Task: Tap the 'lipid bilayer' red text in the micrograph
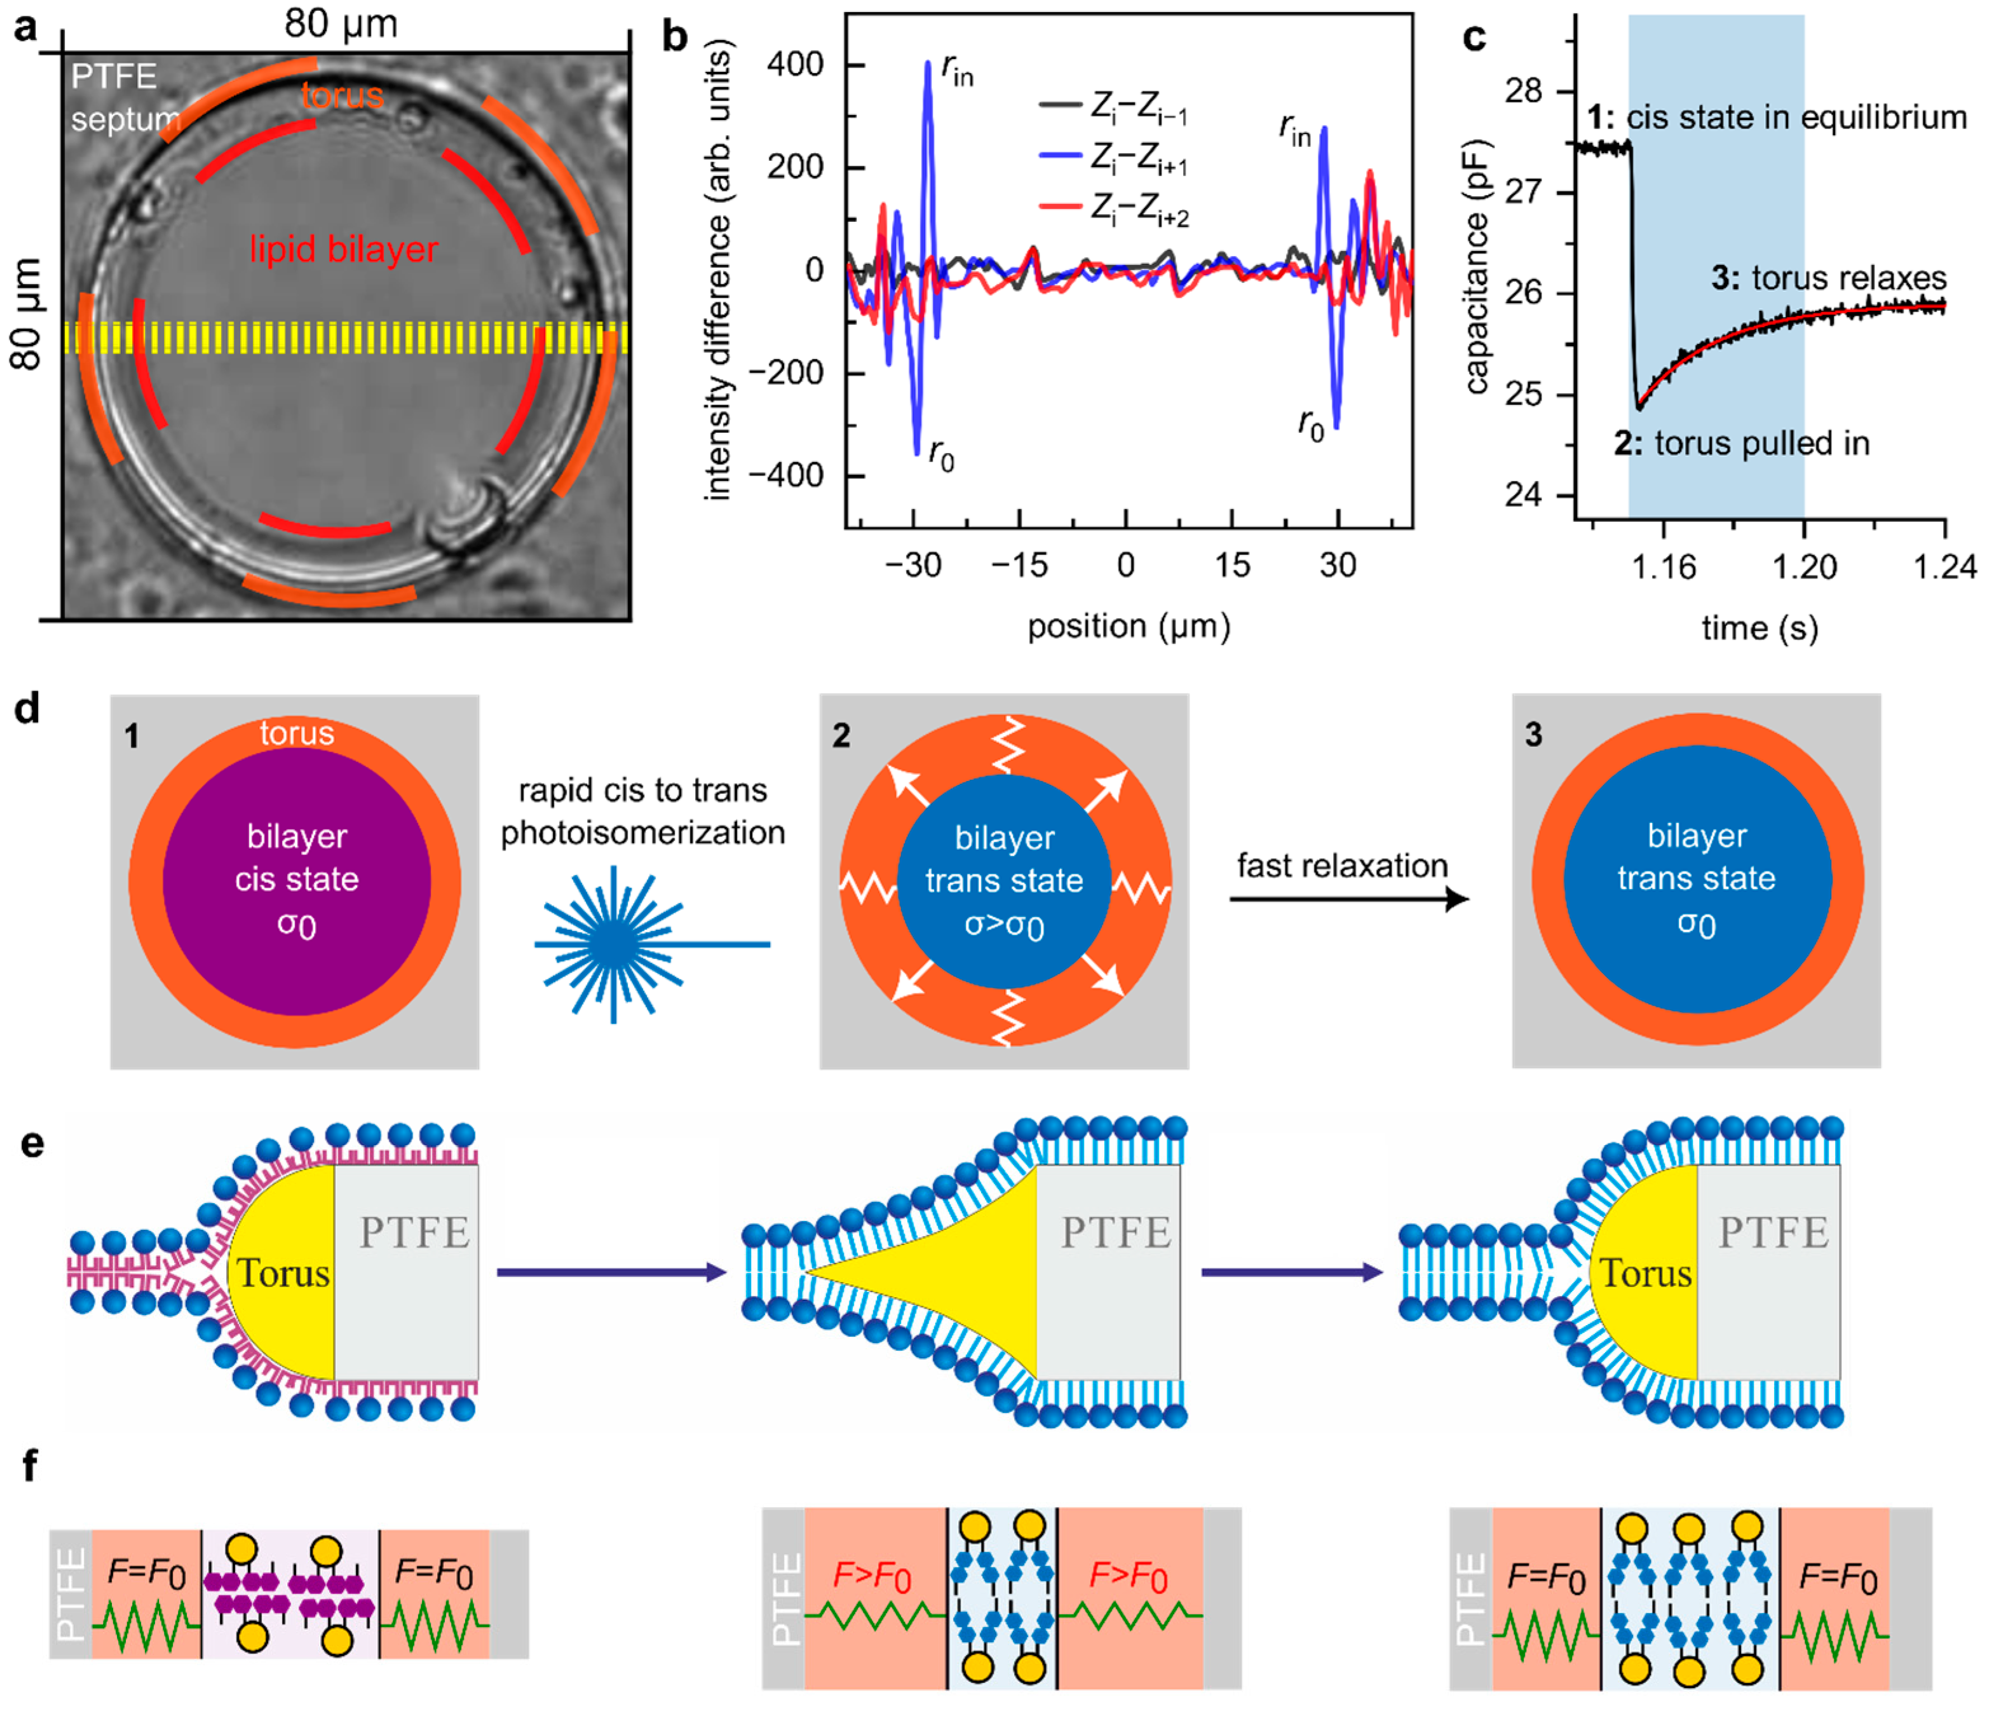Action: tap(343, 249)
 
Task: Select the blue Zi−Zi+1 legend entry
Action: tap(1115, 160)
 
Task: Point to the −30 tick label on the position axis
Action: tap(912, 566)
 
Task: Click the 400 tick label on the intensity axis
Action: tap(795, 65)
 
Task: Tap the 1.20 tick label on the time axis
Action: tap(1805, 568)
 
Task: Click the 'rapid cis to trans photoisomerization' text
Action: tap(642, 811)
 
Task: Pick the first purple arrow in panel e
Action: tap(611, 1272)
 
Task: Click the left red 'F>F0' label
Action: tap(872, 1576)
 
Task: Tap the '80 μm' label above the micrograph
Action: tap(341, 24)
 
